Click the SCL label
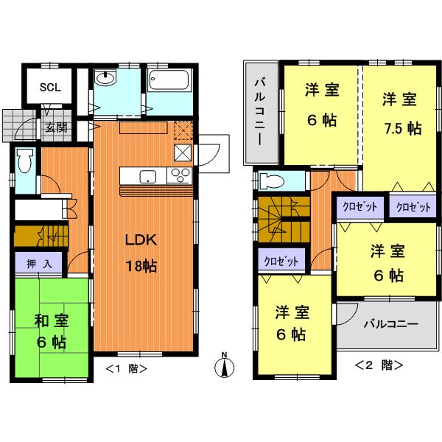50,85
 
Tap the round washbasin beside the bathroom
106,79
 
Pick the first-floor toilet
25,161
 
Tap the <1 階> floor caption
126,368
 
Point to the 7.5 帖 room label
402,114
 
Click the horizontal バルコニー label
391,324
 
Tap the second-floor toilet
273,180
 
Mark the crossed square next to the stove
181,152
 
